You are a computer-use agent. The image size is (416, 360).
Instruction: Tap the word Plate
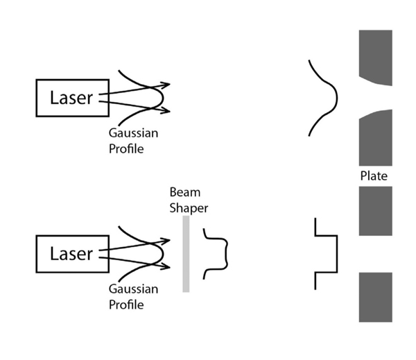coord(374,176)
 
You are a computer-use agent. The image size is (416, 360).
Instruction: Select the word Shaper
coord(189,207)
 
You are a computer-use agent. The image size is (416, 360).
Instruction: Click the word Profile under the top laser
coord(126,148)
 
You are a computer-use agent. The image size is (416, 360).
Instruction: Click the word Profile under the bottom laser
coord(126,304)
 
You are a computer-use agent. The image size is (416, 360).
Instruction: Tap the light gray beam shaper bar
coord(186,254)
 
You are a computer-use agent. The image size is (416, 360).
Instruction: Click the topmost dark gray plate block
coord(375,55)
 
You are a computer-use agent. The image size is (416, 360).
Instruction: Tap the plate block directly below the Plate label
coord(375,211)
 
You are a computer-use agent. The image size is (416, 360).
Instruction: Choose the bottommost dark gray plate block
coord(375,297)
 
